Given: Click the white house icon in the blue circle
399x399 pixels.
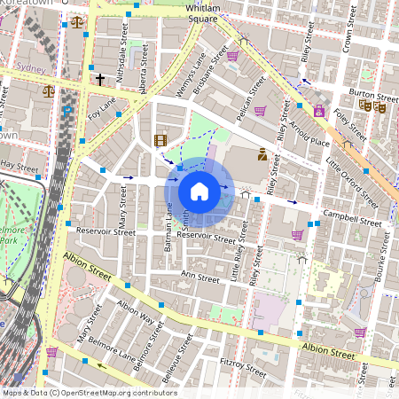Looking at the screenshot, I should (199, 192).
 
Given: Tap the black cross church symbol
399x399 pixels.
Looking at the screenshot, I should (100, 80).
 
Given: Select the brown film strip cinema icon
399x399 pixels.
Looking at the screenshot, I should (160, 140).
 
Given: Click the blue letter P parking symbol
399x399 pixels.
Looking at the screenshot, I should (67, 112).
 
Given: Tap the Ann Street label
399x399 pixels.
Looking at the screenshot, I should (199, 278).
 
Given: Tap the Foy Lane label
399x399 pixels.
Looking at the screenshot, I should (103, 108).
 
